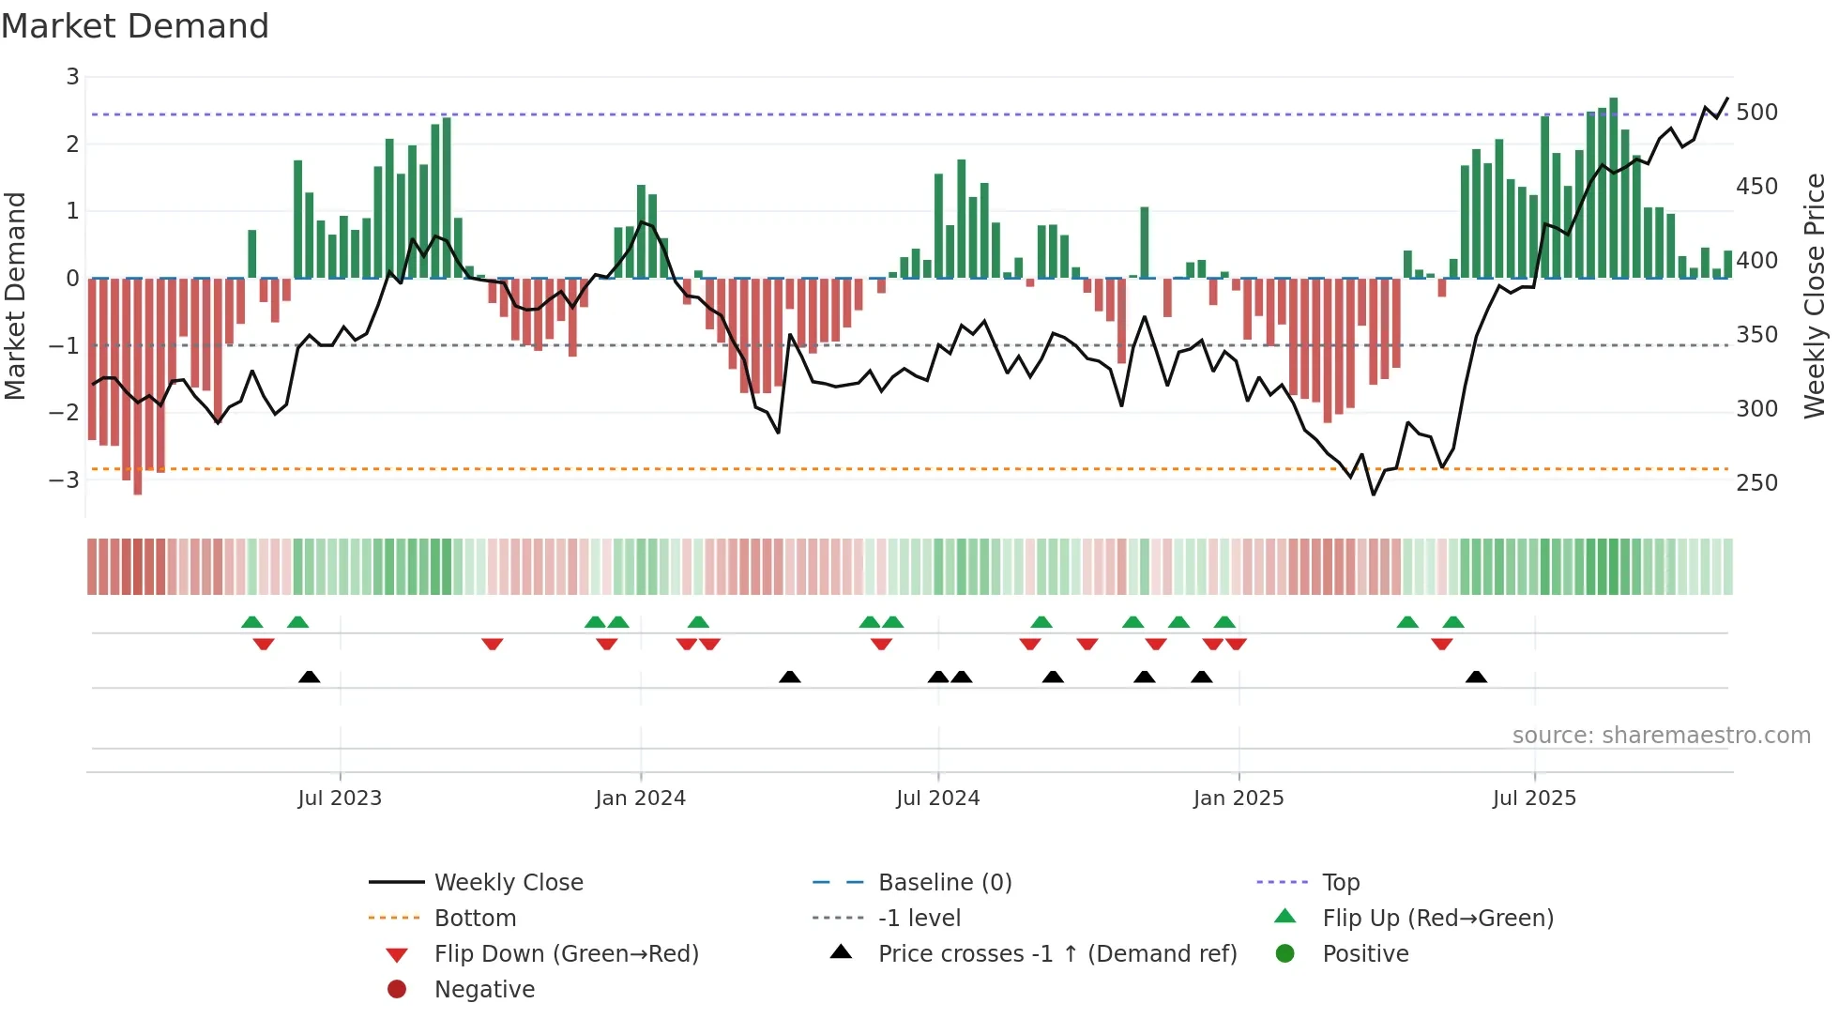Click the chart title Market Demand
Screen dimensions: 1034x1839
[x=135, y=26]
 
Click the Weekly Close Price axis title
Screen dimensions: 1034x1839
[x=1815, y=296]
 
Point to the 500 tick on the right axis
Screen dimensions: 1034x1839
[x=1756, y=113]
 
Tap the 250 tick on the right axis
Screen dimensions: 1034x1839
[x=1756, y=483]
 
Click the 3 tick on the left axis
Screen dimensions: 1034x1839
[x=72, y=77]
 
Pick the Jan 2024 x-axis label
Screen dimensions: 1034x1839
[x=640, y=798]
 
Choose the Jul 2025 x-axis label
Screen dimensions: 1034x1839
[x=1534, y=798]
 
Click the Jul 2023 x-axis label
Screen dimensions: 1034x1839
[x=340, y=798]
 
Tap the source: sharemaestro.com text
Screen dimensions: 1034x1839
[x=1661, y=736]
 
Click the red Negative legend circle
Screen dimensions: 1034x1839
[x=397, y=990]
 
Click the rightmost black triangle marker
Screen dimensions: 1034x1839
[x=1476, y=677]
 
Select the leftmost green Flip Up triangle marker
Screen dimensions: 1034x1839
[x=251, y=622]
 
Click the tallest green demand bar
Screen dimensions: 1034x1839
[x=1613, y=188]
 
